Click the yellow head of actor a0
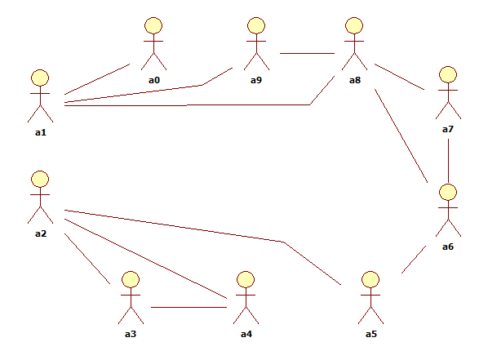(x=153, y=25)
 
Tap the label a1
(x=41, y=132)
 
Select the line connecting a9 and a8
(x=307, y=53)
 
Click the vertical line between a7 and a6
(x=448, y=161)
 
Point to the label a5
(x=371, y=334)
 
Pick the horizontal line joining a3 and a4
(x=189, y=308)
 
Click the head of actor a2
(x=40, y=179)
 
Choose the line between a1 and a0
(x=97, y=79)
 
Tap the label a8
(x=355, y=80)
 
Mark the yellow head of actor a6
(x=448, y=192)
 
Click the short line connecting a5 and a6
(x=414, y=260)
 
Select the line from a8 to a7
(x=399, y=77)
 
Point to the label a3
(x=131, y=334)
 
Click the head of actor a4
(x=246, y=279)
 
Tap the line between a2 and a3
(x=87, y=259)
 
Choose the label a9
(x=256, y=80)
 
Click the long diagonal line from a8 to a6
(x=401, y=136)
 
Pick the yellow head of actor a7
(x=448, y=74)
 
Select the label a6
(x=448, y=247)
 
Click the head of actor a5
(x=370, y=279)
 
